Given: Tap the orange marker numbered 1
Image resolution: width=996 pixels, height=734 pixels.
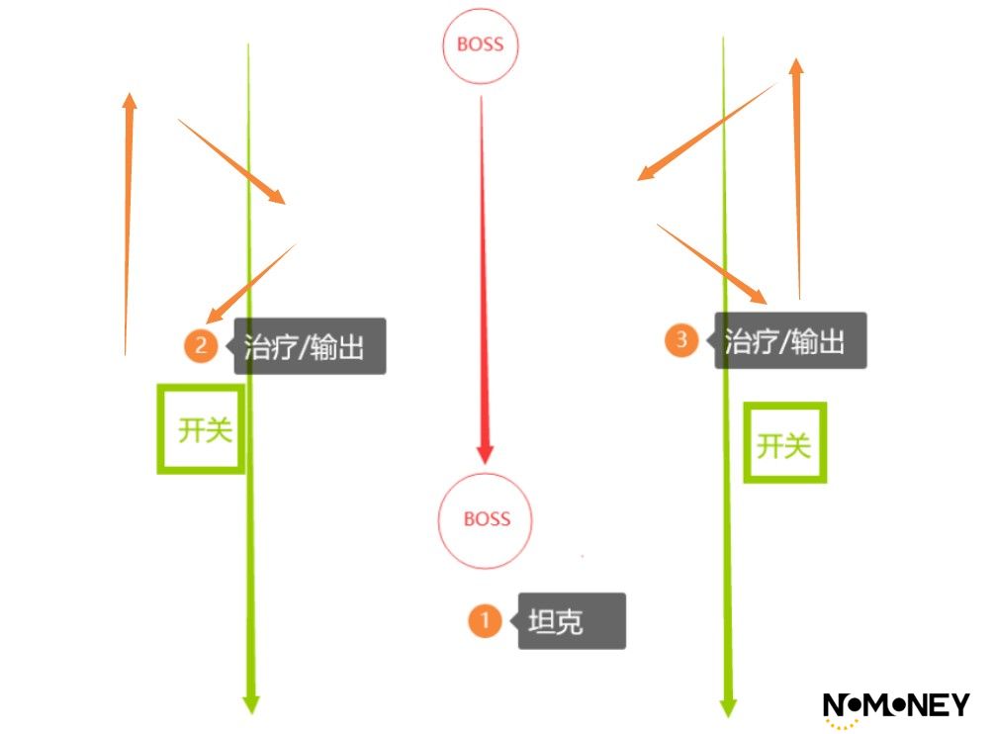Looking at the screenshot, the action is click(x=485, y=620).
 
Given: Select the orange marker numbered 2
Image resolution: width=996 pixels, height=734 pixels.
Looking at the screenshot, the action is click(x=201, y=346).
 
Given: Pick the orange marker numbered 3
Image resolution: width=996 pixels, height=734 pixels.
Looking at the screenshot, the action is click(x=680, y=340).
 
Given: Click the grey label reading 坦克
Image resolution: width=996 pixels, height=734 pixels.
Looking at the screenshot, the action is click(x=572, y=621).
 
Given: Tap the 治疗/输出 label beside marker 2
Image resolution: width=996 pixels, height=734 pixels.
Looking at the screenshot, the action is click(x=310, y=346).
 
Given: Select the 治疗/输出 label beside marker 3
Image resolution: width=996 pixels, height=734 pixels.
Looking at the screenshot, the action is click(x=790, y=340).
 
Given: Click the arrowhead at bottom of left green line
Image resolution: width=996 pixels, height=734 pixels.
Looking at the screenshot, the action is click(x=251, y=704).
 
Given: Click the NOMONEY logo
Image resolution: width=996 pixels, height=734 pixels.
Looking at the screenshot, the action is click(x=896, y=708).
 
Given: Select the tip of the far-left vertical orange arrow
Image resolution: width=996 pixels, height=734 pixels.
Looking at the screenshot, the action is click(x=131, y=93).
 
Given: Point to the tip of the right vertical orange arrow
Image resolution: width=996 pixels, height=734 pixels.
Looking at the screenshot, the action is click(x=796, y=58).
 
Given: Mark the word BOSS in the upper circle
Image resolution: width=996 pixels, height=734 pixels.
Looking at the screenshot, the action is click(x=481, y=45).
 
